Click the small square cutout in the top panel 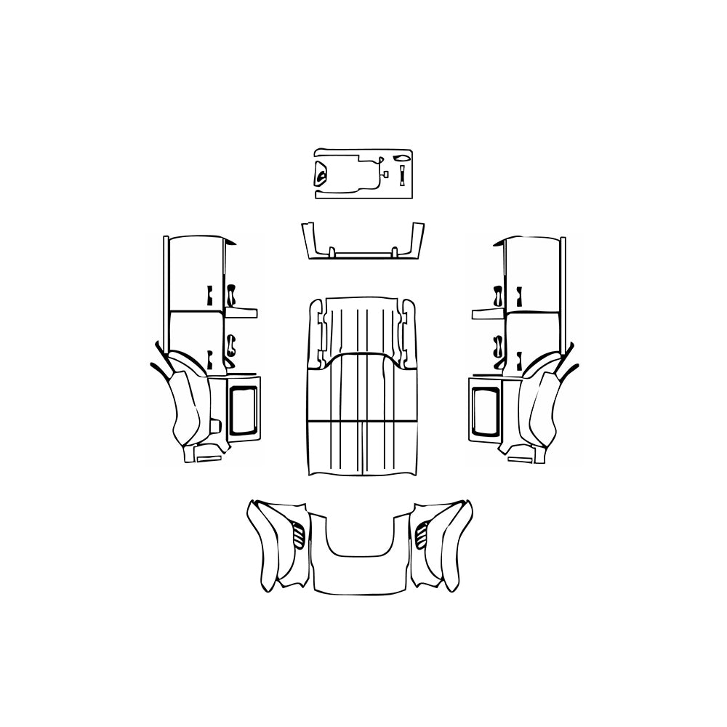[385, 174]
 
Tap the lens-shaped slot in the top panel [401, 158]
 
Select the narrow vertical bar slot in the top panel [401, 174]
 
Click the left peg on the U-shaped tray [332, 252]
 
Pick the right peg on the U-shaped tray [395, 252]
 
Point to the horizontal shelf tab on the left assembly [241, 313]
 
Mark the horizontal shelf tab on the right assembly [487, 313]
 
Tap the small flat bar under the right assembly [519, 457]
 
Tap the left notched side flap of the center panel [317, 334]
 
